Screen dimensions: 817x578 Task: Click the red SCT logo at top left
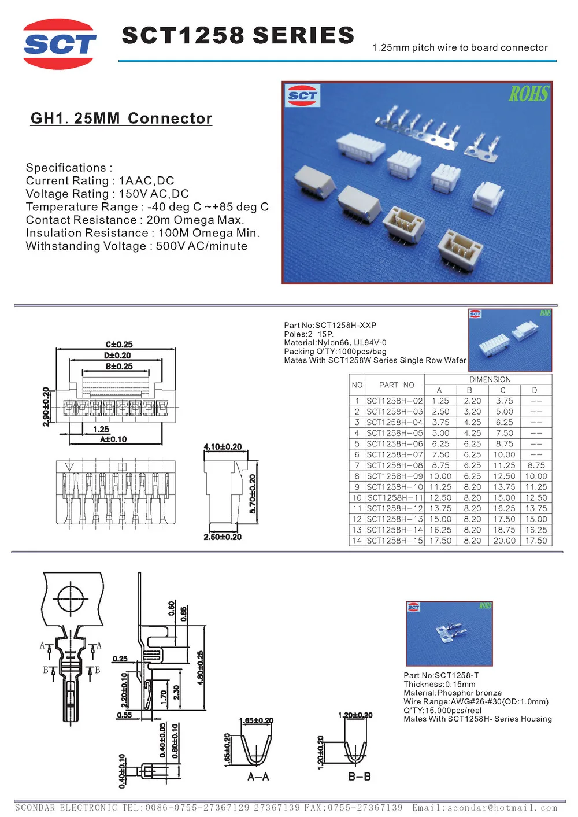click(60, 44)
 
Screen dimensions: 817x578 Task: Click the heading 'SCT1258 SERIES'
click(238, 36)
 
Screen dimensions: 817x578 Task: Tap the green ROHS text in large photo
click(528, 94)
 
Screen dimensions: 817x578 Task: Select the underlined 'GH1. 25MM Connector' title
click(121, 119)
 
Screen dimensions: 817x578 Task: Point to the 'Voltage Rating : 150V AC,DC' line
click(108, 194)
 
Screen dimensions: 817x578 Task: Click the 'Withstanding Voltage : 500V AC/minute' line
click(136, 246)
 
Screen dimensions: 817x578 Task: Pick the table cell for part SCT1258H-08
click(395, 465)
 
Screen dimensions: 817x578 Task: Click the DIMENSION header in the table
click(490, 380)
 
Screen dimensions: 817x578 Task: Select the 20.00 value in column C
click(504, 541)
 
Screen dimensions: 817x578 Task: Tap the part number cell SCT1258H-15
click(395, 541)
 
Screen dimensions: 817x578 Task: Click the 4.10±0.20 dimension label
click(223, 447)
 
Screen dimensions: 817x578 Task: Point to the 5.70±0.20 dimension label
click(253, 494)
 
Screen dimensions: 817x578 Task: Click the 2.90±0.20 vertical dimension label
click(46, 407)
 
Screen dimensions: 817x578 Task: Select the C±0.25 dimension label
click(119, 345)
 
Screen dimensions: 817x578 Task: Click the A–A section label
click(258, 777)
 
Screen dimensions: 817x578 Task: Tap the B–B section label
click(359, 777)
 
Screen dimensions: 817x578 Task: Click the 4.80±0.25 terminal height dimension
click(201, 668)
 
